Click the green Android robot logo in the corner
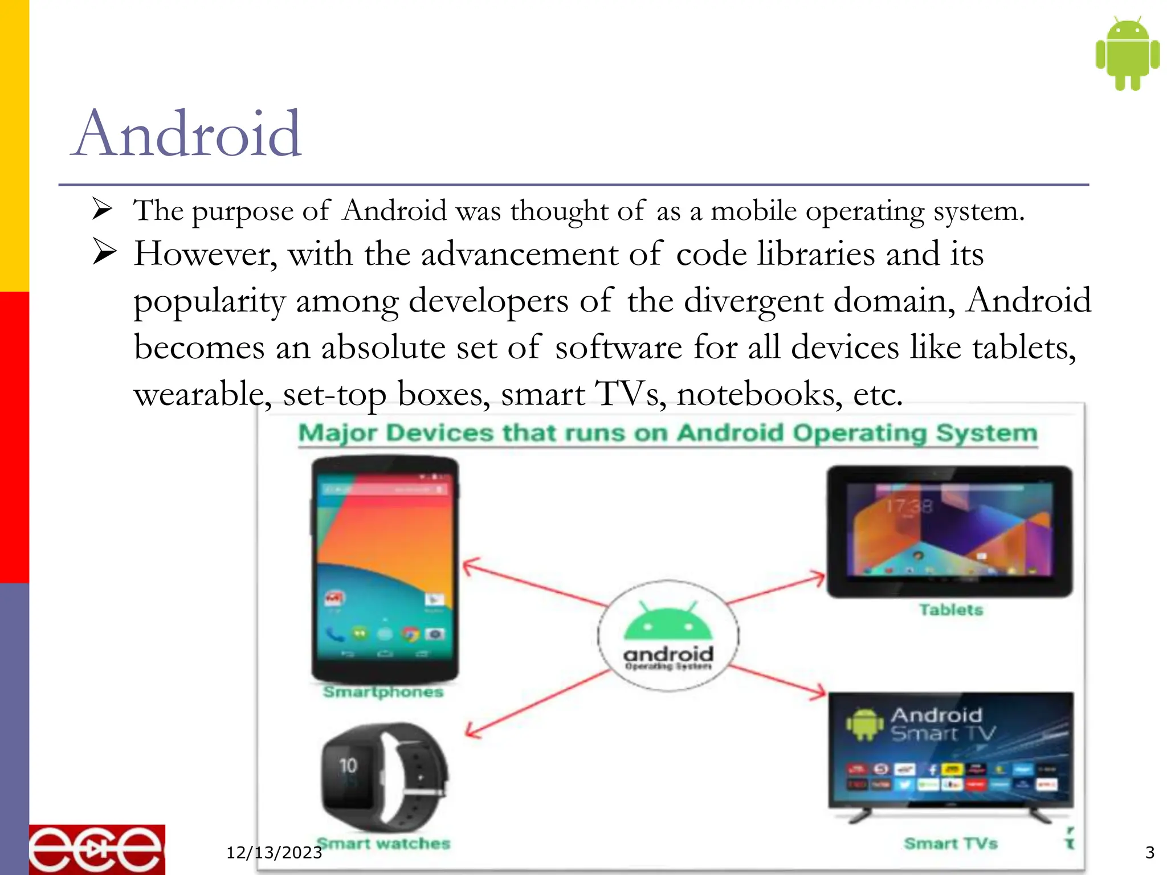1127,54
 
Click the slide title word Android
187,134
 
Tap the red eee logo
97,849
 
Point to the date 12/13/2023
274,853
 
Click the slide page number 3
1149,853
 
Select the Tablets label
951,610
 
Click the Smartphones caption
383,692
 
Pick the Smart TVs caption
950,844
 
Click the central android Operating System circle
668,636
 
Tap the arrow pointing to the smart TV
777,680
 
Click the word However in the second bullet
205,254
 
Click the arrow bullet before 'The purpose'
103,209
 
